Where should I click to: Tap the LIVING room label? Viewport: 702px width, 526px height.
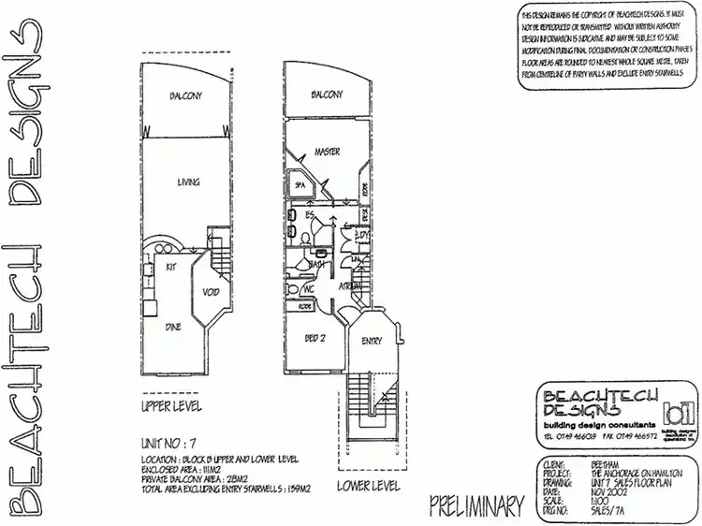coord(188,183)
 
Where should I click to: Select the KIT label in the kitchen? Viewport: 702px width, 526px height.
coord(172,268)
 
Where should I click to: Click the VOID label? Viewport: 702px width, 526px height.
coord(211,293)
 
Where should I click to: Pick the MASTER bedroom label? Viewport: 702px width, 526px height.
coord(327,152)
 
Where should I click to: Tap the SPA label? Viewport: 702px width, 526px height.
coord(301,185)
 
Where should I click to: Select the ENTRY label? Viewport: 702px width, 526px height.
coord(372,341)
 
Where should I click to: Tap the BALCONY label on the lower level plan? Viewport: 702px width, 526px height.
coord(325,96)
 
